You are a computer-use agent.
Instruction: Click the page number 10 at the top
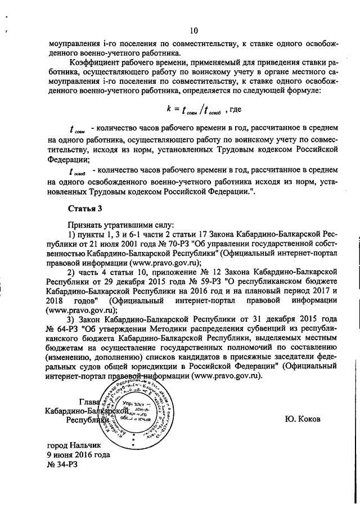[193, 30]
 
